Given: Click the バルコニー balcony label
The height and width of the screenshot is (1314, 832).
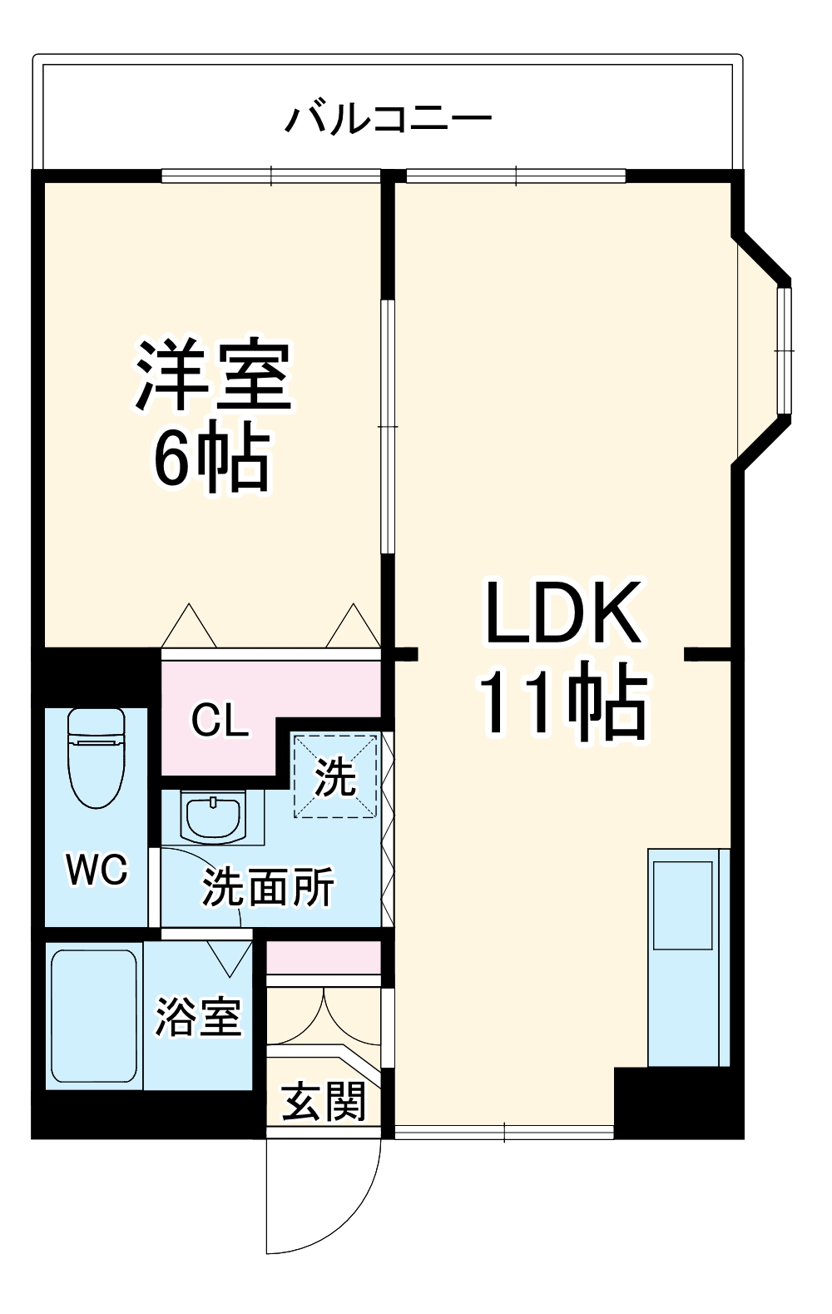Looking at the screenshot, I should tap(388, 118).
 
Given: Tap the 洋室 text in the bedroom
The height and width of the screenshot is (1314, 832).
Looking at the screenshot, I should tap(213, 376).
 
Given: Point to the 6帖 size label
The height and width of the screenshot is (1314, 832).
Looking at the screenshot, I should tap(213, 459).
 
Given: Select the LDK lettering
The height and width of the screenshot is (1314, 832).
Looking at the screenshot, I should tap(563, 613).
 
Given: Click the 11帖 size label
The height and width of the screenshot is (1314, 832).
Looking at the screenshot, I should tap(563, 701).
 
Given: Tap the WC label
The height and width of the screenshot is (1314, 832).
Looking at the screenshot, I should tap(97, 870).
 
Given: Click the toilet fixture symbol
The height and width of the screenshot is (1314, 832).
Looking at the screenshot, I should tap(96, 756).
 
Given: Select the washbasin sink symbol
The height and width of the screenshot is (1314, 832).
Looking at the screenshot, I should tap(214, 816).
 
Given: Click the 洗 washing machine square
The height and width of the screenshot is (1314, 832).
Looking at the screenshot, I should tap(334, 776).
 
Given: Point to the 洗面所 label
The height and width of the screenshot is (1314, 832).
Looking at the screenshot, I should tap(268, 887).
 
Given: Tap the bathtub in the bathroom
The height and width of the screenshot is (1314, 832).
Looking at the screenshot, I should tap(93, 1016).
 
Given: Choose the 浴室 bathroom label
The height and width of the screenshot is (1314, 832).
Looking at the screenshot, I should tap(198, 1017).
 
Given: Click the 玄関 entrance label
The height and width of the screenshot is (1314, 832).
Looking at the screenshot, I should tap(323, 1101).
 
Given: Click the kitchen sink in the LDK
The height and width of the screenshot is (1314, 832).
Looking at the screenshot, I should tap(683, 905).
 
